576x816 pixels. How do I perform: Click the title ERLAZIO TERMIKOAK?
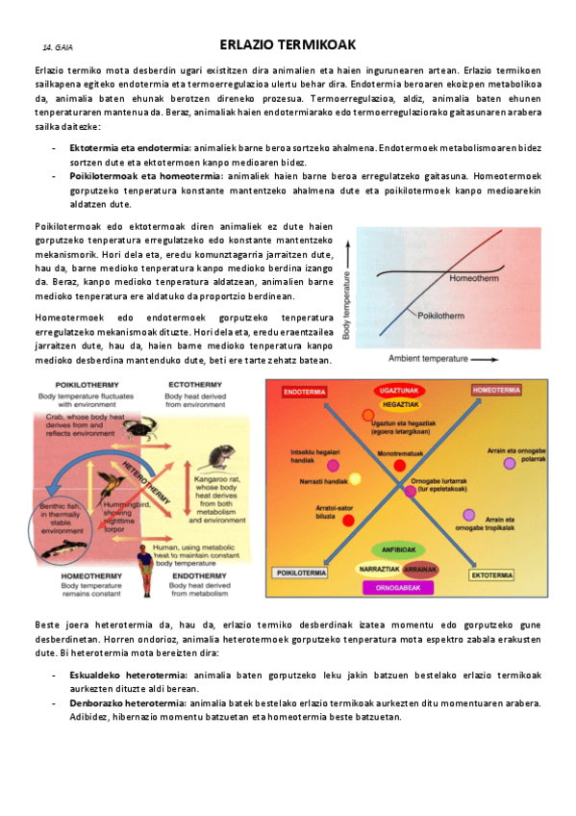(x=288, y=44)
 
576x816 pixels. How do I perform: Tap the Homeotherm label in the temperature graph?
(x=474, y=279)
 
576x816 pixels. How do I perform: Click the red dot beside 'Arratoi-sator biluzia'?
(x=348, y=520)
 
